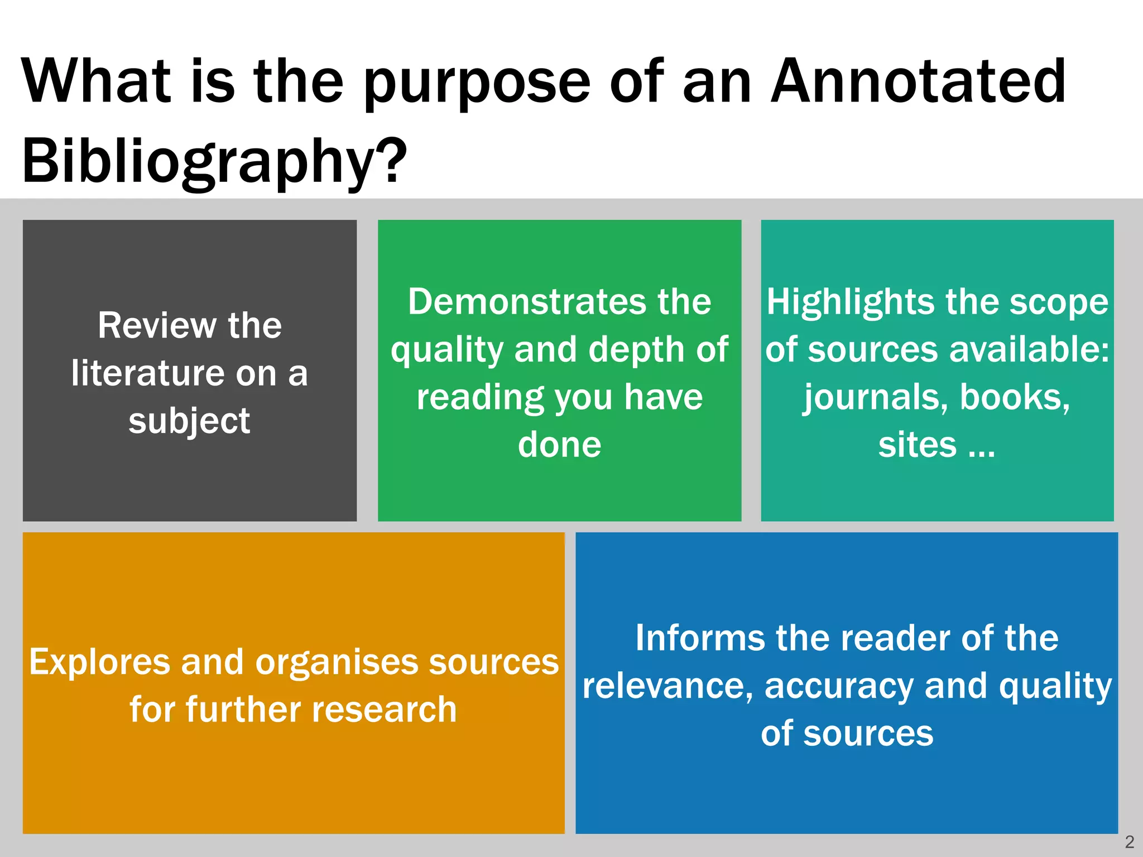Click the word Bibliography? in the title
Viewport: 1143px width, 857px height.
pos(214,162)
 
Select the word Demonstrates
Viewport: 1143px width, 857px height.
pos(525,302)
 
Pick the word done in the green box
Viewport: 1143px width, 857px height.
pos(559,445)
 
